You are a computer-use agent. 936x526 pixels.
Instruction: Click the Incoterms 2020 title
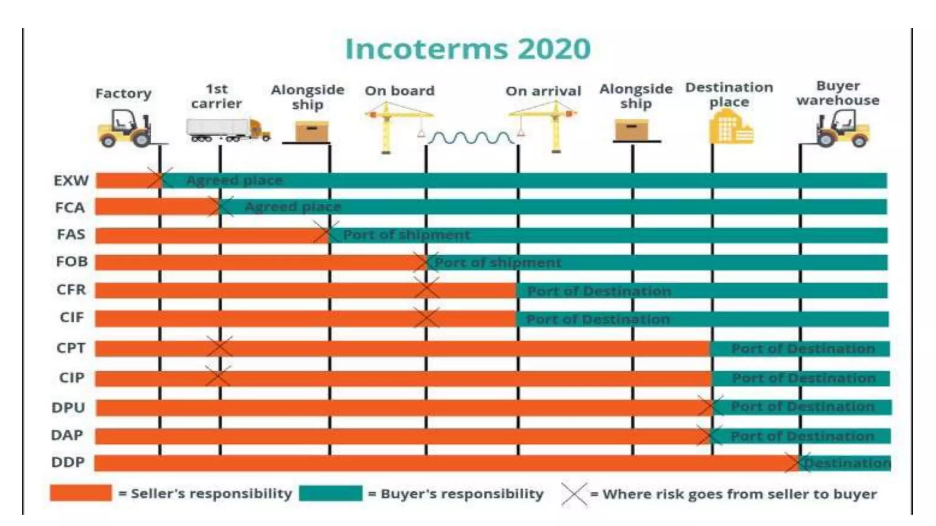468,49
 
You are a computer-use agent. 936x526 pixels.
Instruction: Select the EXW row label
71,181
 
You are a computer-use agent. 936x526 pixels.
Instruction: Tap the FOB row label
71,262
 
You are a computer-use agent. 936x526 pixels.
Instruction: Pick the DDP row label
68,462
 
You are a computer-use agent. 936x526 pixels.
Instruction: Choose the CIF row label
72,317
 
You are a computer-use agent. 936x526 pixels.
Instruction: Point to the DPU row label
69,407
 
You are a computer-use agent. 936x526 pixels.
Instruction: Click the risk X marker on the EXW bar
160,179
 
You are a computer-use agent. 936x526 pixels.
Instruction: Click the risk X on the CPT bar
219,347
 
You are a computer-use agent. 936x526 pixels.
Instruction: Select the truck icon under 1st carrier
228,130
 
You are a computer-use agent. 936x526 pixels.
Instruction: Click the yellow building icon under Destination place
730,128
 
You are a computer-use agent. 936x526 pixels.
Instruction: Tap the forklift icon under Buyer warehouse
842,129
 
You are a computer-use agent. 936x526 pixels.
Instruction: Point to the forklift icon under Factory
124,128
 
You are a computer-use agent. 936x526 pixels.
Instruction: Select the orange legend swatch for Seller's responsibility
81,493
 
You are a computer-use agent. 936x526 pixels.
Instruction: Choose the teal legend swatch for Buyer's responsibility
330,493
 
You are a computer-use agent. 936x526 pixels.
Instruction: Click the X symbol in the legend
574,494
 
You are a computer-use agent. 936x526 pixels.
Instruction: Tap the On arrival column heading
543,91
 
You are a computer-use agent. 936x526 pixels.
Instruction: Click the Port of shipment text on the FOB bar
497,263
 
